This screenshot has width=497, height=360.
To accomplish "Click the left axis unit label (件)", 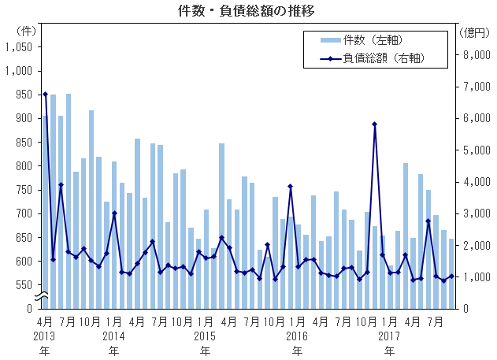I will (25, 32).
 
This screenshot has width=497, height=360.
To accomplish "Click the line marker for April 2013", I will (45, 95).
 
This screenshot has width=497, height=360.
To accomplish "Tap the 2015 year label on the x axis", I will (205, 335).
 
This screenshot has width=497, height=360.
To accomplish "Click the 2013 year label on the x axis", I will (45, 335).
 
